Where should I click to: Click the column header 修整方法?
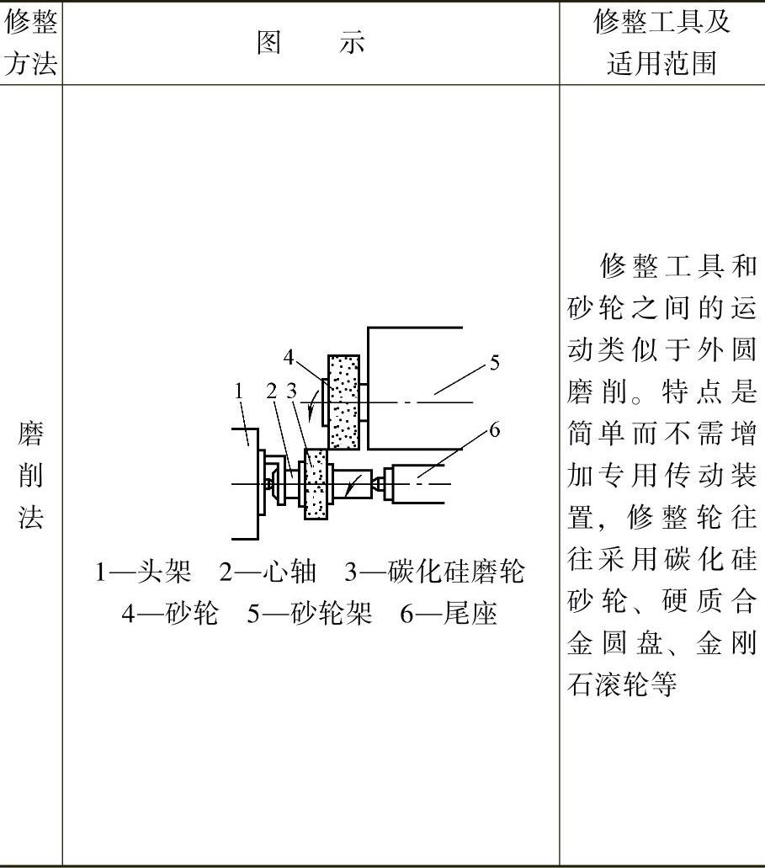[x=31, y=44]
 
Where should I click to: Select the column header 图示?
[x=311, y=44]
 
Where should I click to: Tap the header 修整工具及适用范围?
[x=661, y=44]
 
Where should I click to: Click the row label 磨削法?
[x=31, y=477]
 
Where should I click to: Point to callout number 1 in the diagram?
[x=239, y=391]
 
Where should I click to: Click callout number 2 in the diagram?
[x=271, y=391]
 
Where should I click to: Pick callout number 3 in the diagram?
[x=291, y=391]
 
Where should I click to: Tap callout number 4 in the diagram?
[x=289, y=357]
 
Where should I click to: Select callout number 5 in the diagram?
[x=494, y=364]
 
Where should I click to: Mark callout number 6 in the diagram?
[x=494, y=430]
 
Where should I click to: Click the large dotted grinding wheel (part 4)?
[x=343, y=402]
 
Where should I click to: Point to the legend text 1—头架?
[x=142, y=573]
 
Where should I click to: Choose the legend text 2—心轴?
[x=268, y=573]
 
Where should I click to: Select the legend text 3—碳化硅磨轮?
[x=434, y=573]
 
